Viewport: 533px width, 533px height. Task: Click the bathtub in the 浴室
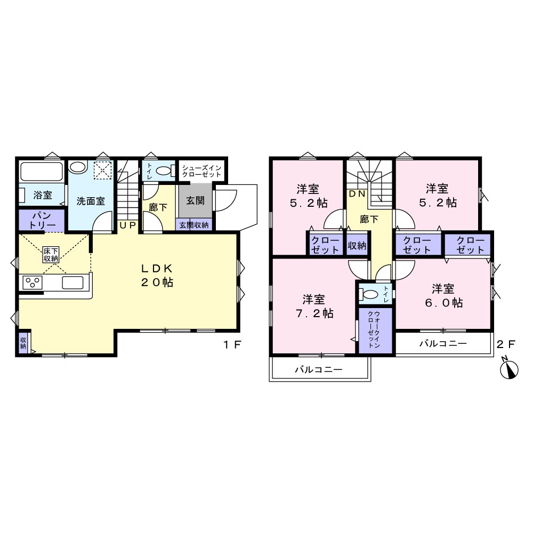[x=42, y=172]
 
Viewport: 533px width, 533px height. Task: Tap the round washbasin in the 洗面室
[x=78, y=167]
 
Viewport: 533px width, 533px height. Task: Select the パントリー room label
[x=42, y=220]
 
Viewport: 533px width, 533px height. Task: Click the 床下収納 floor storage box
[x=51, y=255]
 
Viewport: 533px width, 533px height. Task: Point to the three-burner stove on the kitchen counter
[x=33, y=282]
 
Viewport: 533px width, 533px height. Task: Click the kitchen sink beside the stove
[x=72, y=282]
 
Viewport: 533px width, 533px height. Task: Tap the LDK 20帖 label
[x=157, y=276]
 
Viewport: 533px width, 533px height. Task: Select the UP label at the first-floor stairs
[x=127, y=225]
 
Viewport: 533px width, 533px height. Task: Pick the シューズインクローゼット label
[x=202, y=171]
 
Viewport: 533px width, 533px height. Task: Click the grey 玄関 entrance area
[x=195, y=200]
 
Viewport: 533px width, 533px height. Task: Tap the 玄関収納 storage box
[x=194, y=225]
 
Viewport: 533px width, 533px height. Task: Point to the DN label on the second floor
[x=357, y=194]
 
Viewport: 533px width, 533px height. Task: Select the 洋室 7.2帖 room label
[x=314, y=306]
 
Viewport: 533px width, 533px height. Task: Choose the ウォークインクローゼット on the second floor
[x=374, y=330]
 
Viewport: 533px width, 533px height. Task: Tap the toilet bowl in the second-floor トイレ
[x=370, y=293]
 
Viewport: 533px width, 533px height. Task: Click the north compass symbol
[x=509, y=369]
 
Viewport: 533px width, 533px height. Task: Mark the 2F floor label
[x=506, y=344]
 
